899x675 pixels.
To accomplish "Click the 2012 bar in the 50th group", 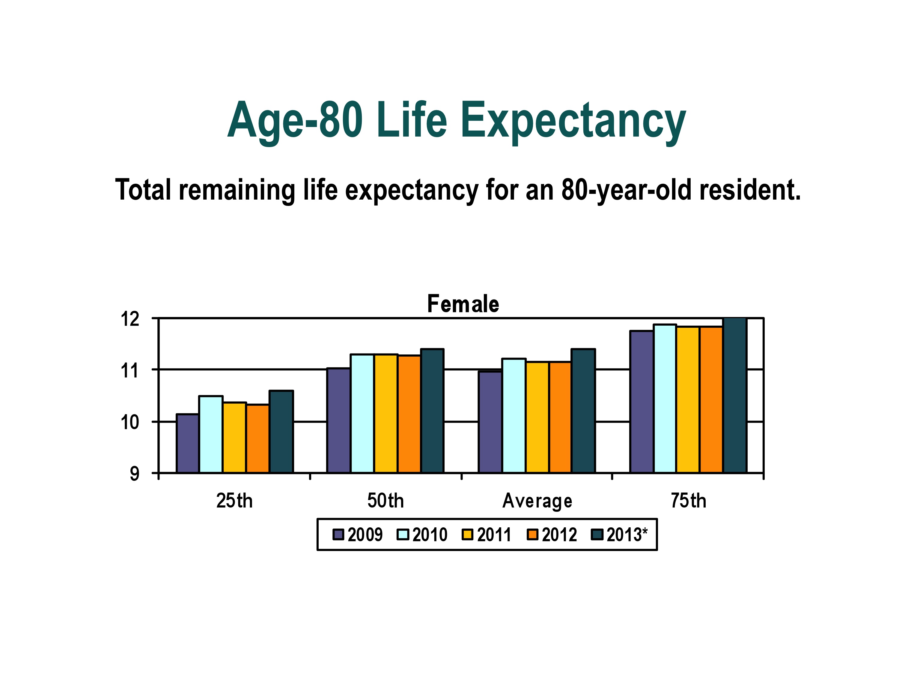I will pyautogui.click(x=409, y=414).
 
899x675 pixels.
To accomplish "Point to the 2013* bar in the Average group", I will pyautogui.click(x=583, y=411).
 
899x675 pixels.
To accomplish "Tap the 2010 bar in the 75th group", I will pyautogui.click(x=665, y=399).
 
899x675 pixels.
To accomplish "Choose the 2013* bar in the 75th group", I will pyautogui.click(x=735, y=396).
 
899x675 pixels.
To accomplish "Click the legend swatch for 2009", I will pyautogui.click(x=338, y=535).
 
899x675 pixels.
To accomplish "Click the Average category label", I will pyautogui.click(x=537, y=501).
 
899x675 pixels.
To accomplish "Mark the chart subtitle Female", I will pyautogui.click(x=463, y=304).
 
